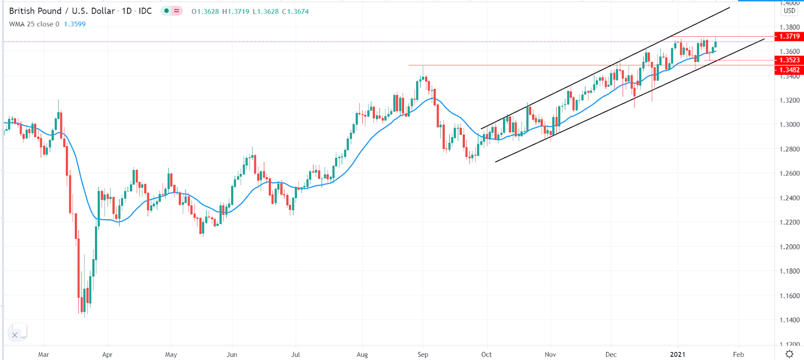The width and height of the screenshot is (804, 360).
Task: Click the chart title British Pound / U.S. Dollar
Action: tap(62, 11)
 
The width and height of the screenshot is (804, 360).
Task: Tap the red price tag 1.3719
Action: tap(789, 36)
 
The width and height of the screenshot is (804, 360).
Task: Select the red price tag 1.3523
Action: tap(789, 60)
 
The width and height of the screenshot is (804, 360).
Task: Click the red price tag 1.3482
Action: tap(789, 70)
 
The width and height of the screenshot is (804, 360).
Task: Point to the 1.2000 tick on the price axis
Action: tap(789, 247)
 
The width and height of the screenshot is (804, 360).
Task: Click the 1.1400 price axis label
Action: tap(789, 320)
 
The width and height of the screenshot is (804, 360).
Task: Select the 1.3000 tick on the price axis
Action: tap(789, 125)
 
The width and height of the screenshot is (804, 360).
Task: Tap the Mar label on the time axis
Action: tap(44, 354)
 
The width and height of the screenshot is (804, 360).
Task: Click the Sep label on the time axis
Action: tap(423, 354)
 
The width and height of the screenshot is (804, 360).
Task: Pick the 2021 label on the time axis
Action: tap(677, 354)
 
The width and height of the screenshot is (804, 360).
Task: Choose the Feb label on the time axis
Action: tap(738, 354)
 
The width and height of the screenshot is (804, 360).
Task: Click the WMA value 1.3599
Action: tap(75, 24)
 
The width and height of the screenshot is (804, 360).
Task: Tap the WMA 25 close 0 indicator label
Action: tap(34, 24)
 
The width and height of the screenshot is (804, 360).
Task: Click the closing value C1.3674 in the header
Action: tap(295, 12)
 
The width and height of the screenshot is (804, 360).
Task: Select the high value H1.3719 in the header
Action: tap(236, 12)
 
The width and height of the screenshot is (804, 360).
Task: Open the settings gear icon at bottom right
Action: tap(789, 354)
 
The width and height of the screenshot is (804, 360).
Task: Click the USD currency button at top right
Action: tap(789, 11)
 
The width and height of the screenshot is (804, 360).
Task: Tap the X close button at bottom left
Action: tap(15, 335)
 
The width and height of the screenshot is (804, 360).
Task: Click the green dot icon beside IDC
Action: tap(166, 11)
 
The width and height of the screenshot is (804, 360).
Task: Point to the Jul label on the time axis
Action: tap(295, 354)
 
